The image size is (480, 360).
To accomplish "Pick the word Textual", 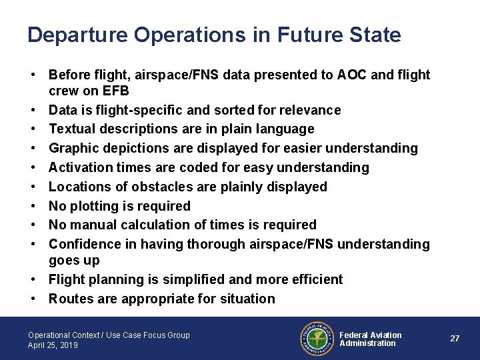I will [71, 129].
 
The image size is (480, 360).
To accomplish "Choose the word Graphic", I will [73, 148].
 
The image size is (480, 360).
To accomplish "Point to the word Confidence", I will [83, 245].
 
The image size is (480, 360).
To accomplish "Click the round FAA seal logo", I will [316, 339].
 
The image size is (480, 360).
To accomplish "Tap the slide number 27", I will [455, 339].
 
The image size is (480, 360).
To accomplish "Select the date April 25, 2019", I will [53, 345].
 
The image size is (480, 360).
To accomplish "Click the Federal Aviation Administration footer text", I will [371, 339].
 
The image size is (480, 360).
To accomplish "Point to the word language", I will [285, 129].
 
